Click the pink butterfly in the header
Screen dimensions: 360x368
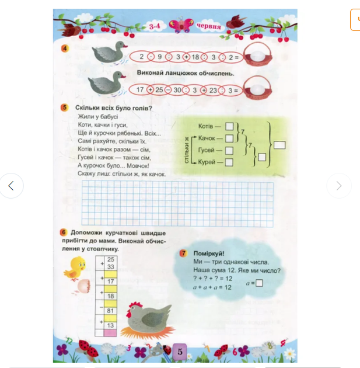click(x=181, y=25)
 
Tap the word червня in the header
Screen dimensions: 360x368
click(x=209, y=26)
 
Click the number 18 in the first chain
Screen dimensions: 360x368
click(x=195, y=57)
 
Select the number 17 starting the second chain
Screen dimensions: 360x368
click(x=140, y=89)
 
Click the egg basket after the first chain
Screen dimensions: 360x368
click(x=258, y=55)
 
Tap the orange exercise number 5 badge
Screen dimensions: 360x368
click(x=64, y=107)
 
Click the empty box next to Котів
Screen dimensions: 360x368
click(x=229, y=126)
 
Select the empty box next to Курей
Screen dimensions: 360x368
click(x=229, y=162)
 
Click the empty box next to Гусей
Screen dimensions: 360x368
click(x=229, y=150)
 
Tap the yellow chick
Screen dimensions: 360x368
click(x=75, y=269)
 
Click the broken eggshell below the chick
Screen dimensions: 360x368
click(x=83, y=286)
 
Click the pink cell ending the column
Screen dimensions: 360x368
click(x=110, y=333)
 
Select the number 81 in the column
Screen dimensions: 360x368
click(x=110, y=311)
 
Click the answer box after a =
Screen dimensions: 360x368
click(x=259, y=283)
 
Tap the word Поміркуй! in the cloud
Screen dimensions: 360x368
click(x=209, y=254)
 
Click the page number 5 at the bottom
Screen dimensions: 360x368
click(x=180, y=351)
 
